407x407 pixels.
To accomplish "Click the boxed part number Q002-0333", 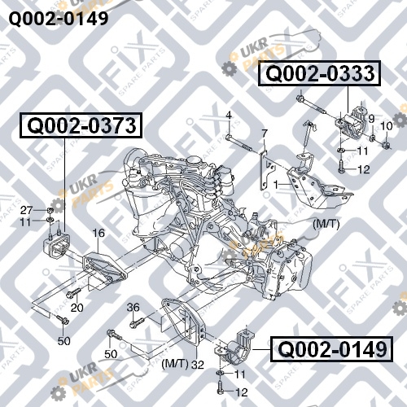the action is [319, 73].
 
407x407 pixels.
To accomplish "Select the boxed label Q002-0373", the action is [81, 125].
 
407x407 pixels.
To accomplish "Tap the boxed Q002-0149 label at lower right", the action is [331, 349].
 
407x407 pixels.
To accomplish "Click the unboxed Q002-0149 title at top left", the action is [59, 19].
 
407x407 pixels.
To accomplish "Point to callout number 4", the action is [229, 116].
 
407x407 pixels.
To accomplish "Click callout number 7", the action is [265, 133].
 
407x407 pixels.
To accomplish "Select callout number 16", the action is [98, 233].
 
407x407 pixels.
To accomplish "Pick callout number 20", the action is [77, 308].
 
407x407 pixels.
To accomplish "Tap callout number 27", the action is [27, 210].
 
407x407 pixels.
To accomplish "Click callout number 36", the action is [133, 308].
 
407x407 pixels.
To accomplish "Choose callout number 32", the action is [198, 365].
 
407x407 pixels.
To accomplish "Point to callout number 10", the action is [387, 126].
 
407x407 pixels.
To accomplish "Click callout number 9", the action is [371, 119].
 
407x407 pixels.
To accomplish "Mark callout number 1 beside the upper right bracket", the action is [276, 185].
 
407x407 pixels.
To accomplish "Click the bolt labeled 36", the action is [137, 322].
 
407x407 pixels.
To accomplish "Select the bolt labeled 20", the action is [73, 292].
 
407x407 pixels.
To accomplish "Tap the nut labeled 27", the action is [50, 210].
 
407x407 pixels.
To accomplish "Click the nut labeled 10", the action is [386, 146].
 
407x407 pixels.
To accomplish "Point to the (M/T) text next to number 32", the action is [175, 364].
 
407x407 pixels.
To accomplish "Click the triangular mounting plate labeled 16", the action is [104, 268].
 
